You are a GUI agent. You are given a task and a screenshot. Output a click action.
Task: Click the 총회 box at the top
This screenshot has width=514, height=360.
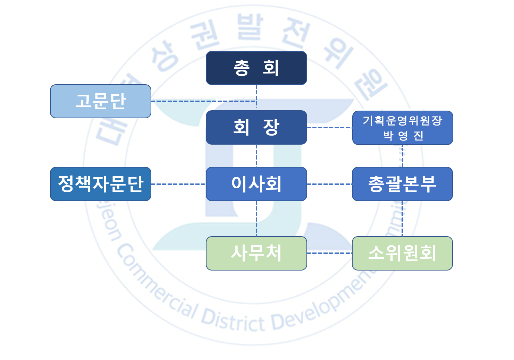[x=256, y=68]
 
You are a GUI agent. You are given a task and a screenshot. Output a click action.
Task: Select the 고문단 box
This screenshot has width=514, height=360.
[x=101, y=101]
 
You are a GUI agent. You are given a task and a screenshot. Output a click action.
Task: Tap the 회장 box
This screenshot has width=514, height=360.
[x=256, y=127]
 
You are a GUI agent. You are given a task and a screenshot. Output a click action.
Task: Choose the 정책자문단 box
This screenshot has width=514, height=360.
[x=101, y=184]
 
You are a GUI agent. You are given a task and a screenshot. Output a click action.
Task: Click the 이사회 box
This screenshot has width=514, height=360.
[x=256, y=184]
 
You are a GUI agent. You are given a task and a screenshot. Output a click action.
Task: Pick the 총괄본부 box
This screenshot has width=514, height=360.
[x=402, y=184]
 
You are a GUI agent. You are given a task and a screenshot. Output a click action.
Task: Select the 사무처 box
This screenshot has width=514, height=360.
[x=256, y=253]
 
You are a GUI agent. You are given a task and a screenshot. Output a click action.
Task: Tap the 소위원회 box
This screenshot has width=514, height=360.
[x=402, y=253]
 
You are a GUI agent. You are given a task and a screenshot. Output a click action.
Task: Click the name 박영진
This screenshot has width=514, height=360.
[x=403, y=136]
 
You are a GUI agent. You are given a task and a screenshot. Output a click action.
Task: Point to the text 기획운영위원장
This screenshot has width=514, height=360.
[x=403, y=121]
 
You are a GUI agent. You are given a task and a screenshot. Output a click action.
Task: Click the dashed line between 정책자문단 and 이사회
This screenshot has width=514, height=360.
[x=178, y=184]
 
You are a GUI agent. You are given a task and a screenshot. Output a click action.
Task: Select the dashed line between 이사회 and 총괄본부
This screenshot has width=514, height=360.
[x=329, y=184]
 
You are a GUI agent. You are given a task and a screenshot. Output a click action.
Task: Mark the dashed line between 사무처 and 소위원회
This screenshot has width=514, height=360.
[x=329, y=253]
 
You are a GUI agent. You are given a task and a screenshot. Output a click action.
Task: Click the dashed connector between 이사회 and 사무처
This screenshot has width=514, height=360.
[x=256, y=218]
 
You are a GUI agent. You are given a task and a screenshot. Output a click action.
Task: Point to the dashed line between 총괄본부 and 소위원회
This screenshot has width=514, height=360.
[x=402, y=218]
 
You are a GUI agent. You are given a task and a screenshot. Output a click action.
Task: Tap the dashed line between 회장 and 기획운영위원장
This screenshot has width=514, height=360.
[x=329, y=128]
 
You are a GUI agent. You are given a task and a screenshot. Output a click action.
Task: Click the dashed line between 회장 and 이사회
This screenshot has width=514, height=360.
[x=256, y=156]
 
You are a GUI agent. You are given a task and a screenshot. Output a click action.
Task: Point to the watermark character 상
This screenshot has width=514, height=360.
[x=165, y=55]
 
